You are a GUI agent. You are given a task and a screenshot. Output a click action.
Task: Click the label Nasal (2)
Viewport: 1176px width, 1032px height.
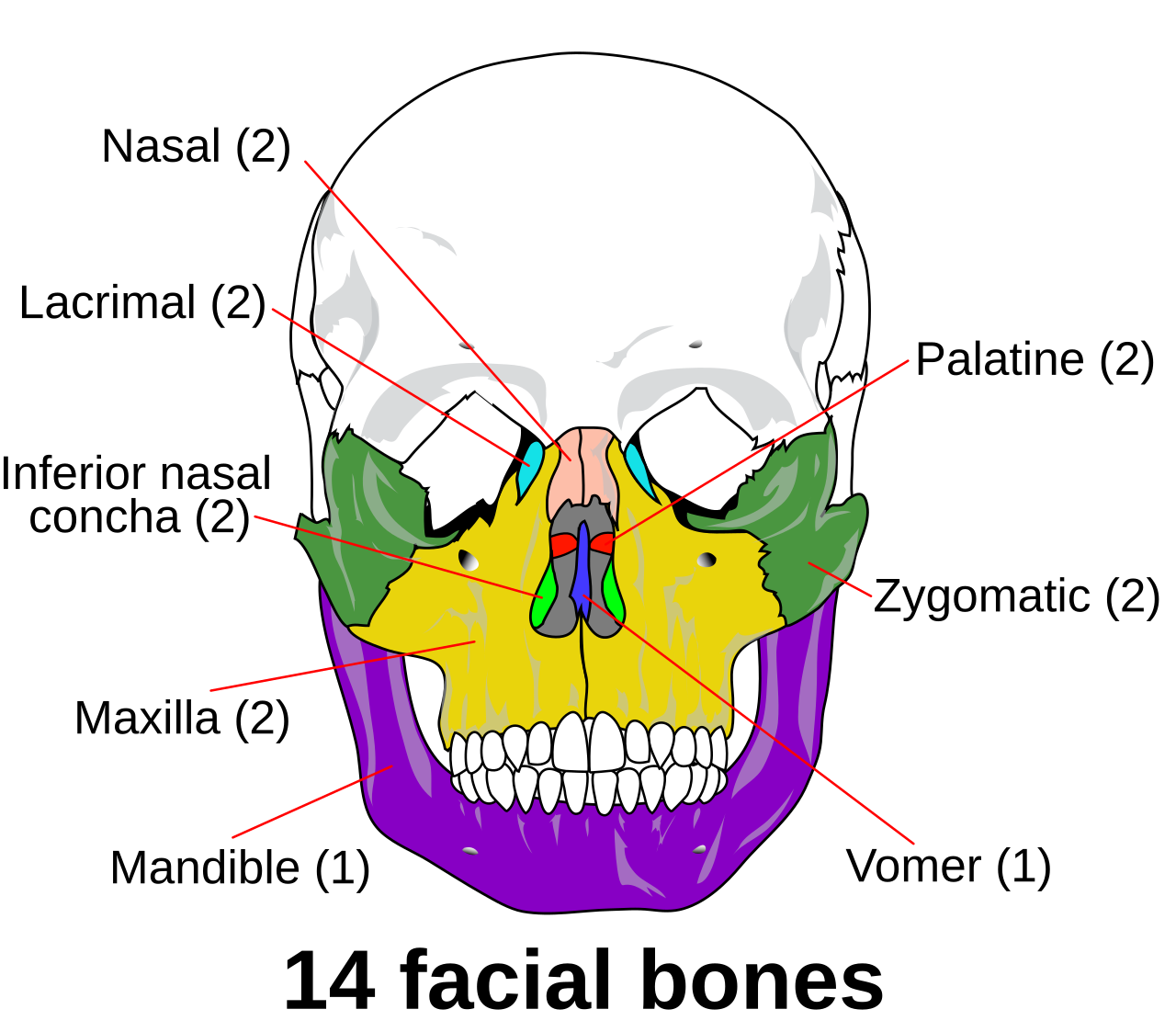[x=196, y=147]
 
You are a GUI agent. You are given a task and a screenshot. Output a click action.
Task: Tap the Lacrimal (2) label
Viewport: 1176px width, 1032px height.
[x=142, y=303]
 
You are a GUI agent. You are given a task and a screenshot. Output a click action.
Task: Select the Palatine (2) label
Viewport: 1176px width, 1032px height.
[x=1035, y=360]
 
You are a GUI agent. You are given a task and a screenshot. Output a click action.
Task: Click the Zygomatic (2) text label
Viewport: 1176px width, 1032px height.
[x=1016, y=596]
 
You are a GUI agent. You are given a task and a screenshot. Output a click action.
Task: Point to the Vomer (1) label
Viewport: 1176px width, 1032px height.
[x=948, y=867]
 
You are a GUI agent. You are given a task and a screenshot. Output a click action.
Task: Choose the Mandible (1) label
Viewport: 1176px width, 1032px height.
[x=240, y=868]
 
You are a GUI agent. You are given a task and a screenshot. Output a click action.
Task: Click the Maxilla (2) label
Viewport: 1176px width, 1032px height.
[x=182, y=719]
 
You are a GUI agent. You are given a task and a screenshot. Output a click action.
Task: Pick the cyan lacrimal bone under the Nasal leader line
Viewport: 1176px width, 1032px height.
[x=529, y=468]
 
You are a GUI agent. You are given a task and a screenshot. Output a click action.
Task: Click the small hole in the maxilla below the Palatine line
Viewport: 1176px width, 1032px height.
[x=707, y=560]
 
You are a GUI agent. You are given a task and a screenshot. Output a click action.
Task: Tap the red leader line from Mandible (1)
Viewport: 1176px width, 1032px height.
[x=312, y=801]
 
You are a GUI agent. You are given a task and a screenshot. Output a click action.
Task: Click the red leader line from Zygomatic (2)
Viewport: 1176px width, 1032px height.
[x=840, y=579]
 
